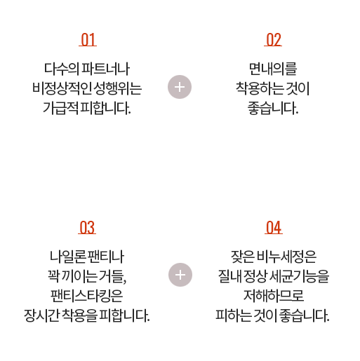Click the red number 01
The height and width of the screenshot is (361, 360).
point(88,40)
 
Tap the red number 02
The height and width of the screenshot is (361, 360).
point(273,40)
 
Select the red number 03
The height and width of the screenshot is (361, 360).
point(87,227)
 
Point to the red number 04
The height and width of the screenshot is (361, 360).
point(274,227)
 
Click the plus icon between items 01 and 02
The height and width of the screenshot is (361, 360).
point(180,87)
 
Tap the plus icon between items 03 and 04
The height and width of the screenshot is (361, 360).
point(180,275)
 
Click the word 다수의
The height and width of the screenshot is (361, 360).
point(61,69)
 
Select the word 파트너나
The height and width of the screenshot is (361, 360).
point(105,69)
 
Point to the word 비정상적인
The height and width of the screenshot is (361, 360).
point(62,88)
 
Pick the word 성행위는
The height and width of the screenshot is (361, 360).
point(118,88)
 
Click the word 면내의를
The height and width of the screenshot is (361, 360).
point(273,69)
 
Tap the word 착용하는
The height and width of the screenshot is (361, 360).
point(260,88)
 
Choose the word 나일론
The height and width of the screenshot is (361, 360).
point(67,257)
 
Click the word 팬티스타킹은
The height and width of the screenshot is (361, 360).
point(87,296)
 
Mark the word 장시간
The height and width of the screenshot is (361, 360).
point(41,315)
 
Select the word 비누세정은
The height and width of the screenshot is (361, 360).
point(286,257)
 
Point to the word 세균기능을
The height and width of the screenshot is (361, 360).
point(300,276)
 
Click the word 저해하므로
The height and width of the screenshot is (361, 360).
point(274,296)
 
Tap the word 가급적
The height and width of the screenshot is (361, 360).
point(60,108)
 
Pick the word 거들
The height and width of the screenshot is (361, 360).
point(111,276)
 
